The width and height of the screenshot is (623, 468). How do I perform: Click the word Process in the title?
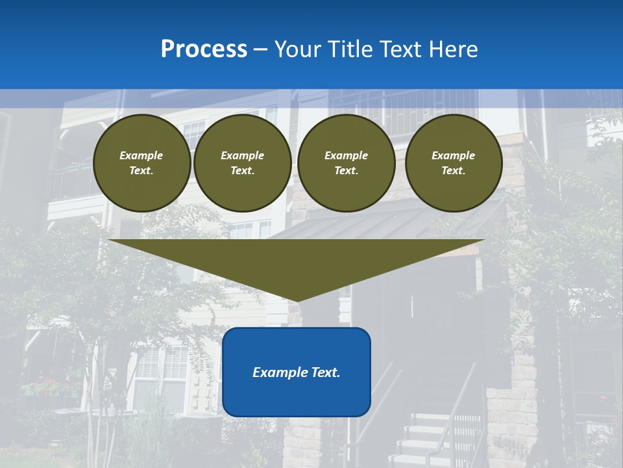(204, 49)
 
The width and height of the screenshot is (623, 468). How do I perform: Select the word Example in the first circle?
(141, 155)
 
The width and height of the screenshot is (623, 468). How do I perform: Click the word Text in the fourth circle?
(453, 170)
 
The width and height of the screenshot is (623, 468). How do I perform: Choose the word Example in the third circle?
(346, 155)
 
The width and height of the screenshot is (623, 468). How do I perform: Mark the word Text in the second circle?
(242, 170)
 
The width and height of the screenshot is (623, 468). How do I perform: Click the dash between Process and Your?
(261, 49)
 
